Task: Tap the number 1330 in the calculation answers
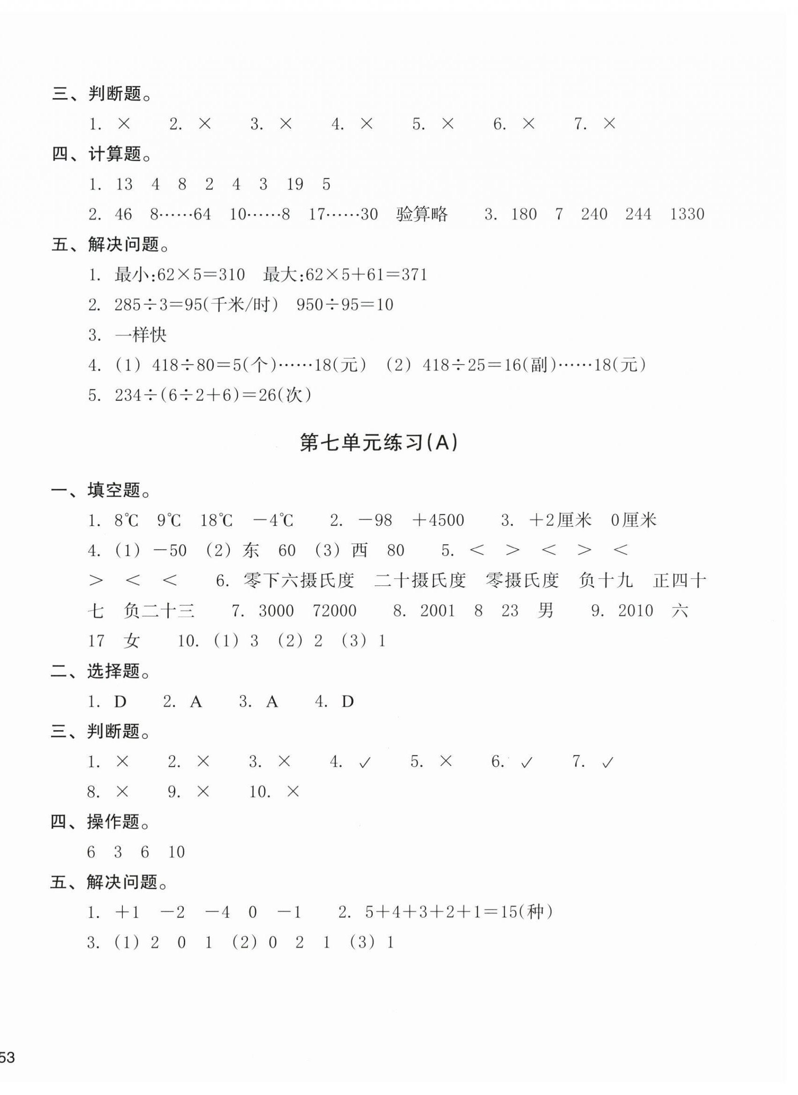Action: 687,214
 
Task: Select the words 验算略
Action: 422,214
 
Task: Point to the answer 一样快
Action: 141,335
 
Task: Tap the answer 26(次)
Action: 288,396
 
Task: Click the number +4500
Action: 438,521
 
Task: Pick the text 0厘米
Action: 634,521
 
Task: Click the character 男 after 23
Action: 545,611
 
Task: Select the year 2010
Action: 636,611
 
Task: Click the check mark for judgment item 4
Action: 365,763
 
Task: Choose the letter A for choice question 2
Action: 196,702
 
